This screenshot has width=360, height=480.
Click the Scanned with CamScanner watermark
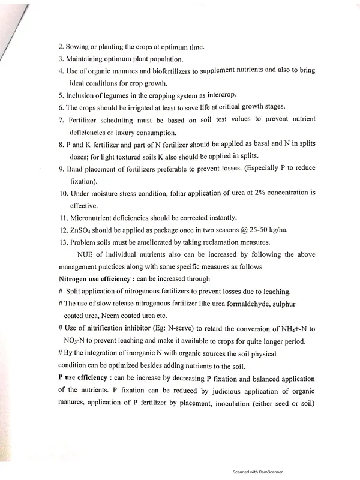click(x=257, y=472)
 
